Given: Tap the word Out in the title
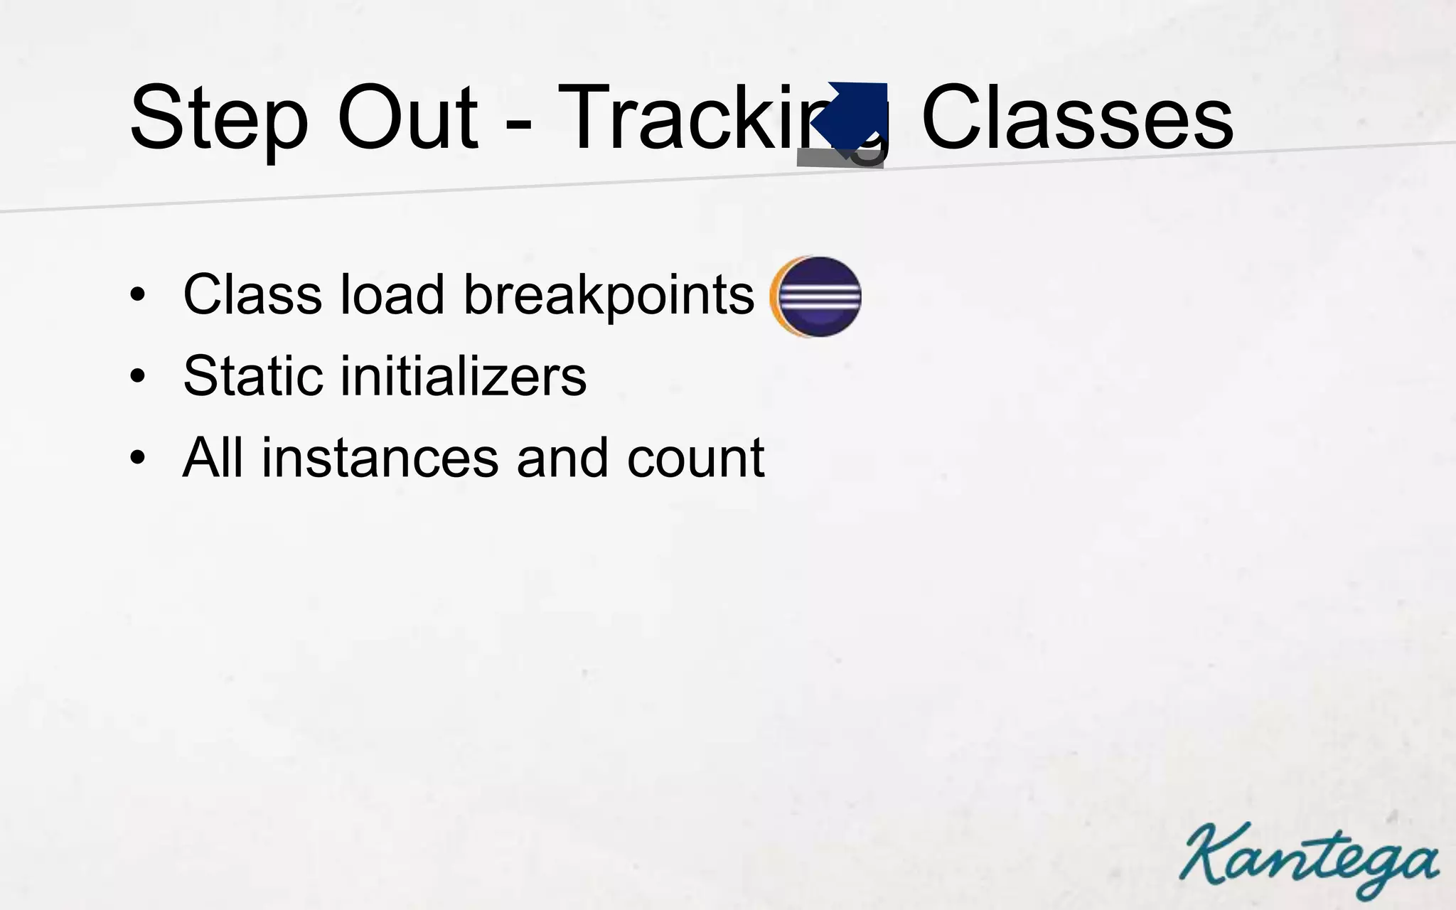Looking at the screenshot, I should [x=407, y=117].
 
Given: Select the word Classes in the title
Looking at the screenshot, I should [x=1076, y=117].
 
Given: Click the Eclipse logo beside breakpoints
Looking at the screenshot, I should [x=816, y=296].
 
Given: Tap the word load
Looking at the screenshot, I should [x=392, y=294].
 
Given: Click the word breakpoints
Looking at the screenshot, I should [x=609, y=296].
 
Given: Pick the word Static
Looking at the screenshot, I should [x=252, y=376].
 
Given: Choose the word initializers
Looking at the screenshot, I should [x=464, y=376].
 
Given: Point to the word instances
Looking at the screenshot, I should [x=380, y=459].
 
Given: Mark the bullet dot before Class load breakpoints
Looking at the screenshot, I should [x=137, y=296].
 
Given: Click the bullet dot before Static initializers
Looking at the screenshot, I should [x=137, y=377].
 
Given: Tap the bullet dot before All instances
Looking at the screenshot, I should [x=137, y=459].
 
